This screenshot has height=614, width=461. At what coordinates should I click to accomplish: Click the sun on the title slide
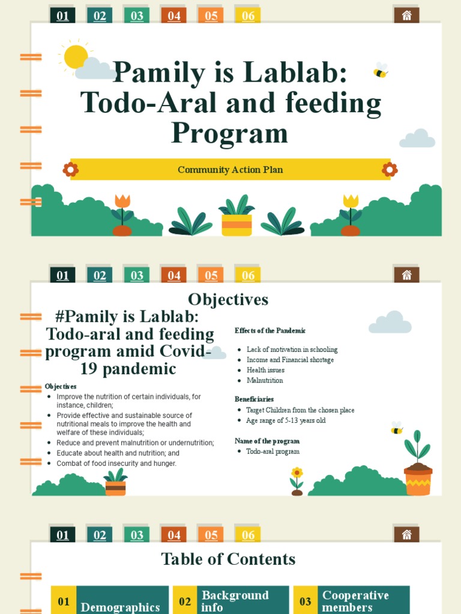(x=76, y=56)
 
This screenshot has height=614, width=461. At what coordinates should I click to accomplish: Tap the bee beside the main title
(x=381, y=71)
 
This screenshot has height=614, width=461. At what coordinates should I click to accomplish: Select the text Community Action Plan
(x=230, y=170)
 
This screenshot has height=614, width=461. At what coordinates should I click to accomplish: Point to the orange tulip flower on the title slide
(x=122, y=202)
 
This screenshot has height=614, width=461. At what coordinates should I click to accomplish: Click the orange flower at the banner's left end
(x=71, y=170)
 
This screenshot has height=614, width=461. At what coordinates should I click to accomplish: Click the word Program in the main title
(x=230, y=133)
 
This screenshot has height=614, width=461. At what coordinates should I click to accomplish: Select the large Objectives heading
(x=228, y=299)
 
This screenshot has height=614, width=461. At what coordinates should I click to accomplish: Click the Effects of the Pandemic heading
(x=270, y=330)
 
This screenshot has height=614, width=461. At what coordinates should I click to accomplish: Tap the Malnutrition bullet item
(x=265, y=380)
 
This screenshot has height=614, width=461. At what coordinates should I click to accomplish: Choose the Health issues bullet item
(x=265, y=370)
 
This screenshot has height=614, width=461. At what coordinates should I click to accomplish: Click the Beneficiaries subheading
(x=254, y=399)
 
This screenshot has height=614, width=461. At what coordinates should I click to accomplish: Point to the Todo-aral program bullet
(x=273, y=451)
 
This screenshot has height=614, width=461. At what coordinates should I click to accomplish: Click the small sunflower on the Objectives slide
(x=297, y=475)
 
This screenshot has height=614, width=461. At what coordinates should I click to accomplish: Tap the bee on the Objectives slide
(x=396, y=428)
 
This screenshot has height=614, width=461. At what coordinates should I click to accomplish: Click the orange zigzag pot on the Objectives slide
(x=418, y=481)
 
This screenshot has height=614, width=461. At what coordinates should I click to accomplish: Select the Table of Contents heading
(x=228, y=559)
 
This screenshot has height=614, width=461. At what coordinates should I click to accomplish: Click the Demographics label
(x=120, y=607)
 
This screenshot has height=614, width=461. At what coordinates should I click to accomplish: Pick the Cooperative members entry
(x=355, y=601)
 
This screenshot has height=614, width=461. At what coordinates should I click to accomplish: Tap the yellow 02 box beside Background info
(x=185, y=601)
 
